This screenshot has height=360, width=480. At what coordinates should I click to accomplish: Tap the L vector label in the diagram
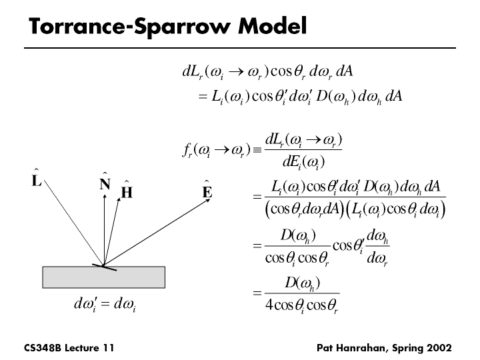pyautogui.click(x=37, y=180)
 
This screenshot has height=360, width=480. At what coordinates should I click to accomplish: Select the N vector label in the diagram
pyautogui.click(x=105, y=184)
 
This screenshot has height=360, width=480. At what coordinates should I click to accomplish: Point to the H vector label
pyautogui.click(x=127, y=192)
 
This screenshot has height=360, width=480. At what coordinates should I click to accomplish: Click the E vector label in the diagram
pyautogui.click(x=207, y=192)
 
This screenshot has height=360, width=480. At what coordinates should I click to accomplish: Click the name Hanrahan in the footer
pyautogui.click(x=363, y=348)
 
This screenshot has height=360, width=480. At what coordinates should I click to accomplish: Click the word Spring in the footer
pyautogui.click(x=409, y=348)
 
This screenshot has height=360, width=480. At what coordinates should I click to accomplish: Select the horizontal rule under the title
pyautogui.click(x=240, y=48)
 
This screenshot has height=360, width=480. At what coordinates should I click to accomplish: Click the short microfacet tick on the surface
pyautogui.click(x=105, y=267)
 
